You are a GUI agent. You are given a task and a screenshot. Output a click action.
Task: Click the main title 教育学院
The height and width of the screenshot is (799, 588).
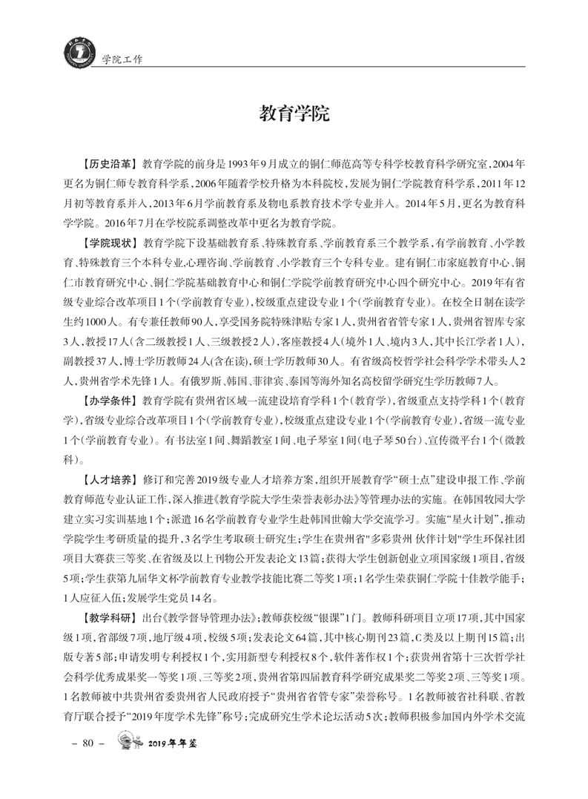point(294,114)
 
